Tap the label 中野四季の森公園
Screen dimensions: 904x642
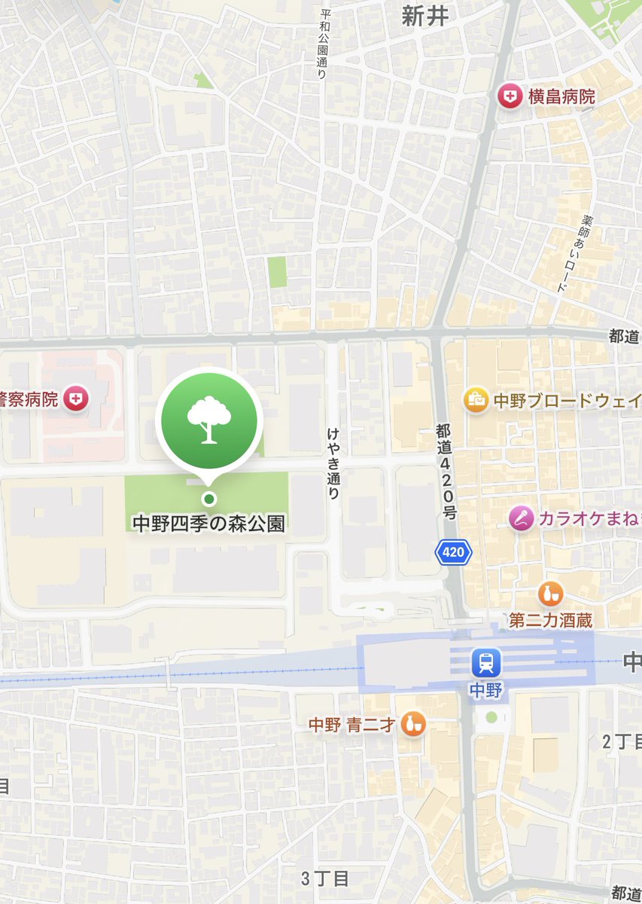(x=209, y=523)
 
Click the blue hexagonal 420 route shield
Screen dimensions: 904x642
(x=453, y=552)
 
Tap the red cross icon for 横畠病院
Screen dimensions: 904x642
(x=510, y=96)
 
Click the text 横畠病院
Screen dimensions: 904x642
(x=561, y=96)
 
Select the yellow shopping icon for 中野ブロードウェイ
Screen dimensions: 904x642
(x=476, y=400)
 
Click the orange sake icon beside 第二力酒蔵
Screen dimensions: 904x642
(x=551, y=594)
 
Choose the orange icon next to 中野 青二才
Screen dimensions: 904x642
(x=412, y=724)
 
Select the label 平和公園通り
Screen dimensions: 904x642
(x=325, y=44)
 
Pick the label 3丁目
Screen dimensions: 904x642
(x=325, y=878)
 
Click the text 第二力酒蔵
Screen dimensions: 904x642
(x=550, y=621)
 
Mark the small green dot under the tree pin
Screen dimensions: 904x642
(x=209, y=498)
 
